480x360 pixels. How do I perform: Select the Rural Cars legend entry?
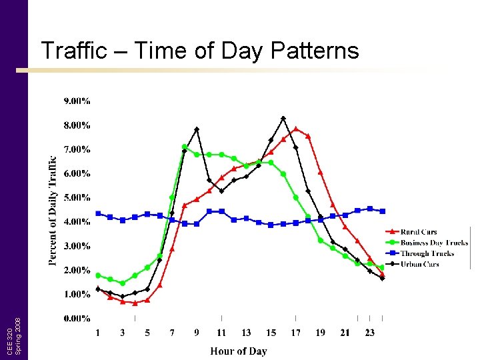[x=419, y=232]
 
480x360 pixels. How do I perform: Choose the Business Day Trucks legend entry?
[x=433, y=243]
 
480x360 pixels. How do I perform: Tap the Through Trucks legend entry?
[x=427, y=253]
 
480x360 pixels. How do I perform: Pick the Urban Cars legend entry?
[x=419, y=264]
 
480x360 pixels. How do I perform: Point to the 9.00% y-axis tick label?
[x=77, y=101]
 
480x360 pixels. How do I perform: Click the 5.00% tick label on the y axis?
[x=77, y=198]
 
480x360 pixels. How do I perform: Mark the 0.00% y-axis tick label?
[x=77, y=319]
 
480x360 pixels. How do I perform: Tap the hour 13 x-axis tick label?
[x=246, y=333]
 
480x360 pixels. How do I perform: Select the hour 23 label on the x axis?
[x=370, y=333]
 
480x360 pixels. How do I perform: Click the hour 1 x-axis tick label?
[x=98, y=333]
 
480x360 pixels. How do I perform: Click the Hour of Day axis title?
[x=239, y=351]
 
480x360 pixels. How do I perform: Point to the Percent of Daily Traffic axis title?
[x=53, y=210]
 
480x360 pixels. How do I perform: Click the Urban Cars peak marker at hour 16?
[x=283, y=118]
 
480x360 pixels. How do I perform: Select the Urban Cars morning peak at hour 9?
[x=197, y=129]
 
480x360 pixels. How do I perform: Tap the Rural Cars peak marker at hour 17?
[x=295, y=129]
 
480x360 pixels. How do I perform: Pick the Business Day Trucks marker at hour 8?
[x=185, y=147]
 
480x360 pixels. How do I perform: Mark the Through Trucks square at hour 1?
[x=98, y=213]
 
